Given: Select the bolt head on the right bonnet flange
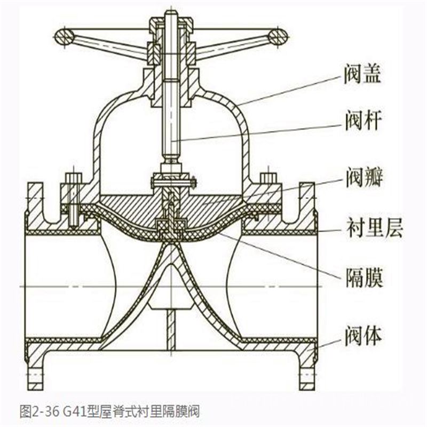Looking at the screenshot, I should coord(267,178).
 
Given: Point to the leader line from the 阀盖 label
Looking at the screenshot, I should coord(288,88).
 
